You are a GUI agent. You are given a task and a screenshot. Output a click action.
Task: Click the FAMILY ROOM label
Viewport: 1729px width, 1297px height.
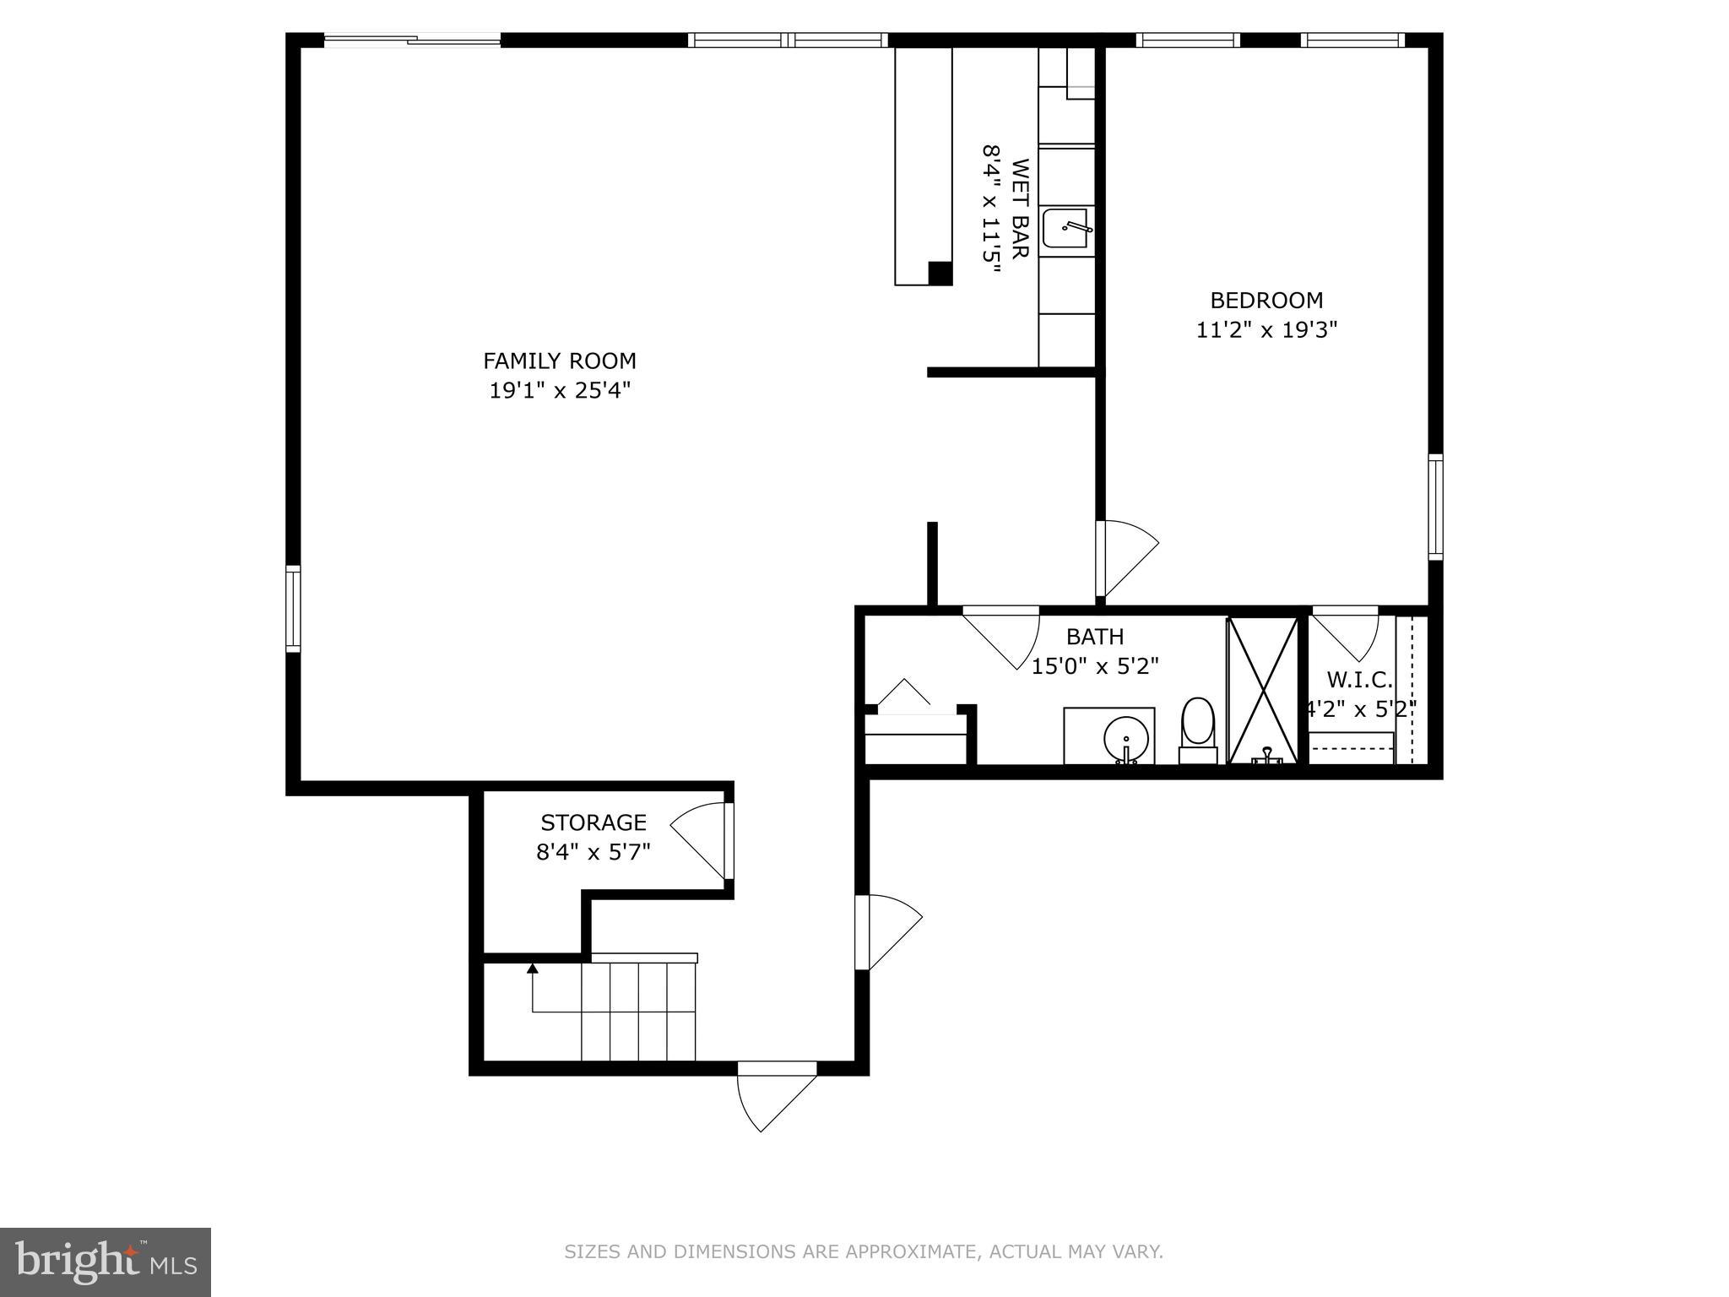[x=559, y=361]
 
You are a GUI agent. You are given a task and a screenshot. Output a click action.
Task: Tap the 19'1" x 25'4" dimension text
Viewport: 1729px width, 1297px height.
[x=559, y=390]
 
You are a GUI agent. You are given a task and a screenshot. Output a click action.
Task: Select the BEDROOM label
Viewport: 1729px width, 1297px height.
[x=1266, y=300]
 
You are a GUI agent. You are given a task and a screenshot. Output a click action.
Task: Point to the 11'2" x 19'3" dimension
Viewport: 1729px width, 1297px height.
[x=1266, y=329]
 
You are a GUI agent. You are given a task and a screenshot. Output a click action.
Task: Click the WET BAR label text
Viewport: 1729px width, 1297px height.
[x=1020, y=209]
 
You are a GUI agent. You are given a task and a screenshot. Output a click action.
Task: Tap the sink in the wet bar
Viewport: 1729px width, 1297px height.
[x=1065, y=228]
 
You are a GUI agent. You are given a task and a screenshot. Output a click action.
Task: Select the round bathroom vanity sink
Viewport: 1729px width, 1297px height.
[x=1125, y=740]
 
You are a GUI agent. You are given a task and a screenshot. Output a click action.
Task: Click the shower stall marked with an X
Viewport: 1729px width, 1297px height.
[x=1261, y=689]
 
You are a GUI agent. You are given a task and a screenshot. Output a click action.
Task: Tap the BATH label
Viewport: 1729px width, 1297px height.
[x=1094, y=637]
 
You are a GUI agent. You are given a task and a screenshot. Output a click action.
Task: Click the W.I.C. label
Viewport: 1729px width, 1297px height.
[x=1358, y=679]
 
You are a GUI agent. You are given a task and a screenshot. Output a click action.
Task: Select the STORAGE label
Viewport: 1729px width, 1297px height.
[x=593, y=822]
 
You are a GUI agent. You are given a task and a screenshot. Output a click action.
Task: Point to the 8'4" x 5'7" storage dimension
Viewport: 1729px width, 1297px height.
[x=593, y=851]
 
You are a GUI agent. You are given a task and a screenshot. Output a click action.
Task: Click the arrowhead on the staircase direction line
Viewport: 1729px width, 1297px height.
[x=532, y=968]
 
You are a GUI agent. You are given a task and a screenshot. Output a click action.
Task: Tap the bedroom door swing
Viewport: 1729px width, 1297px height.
[x=1127, y=557]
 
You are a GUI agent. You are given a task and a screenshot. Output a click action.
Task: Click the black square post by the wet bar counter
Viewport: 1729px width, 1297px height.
[x=940, y=273]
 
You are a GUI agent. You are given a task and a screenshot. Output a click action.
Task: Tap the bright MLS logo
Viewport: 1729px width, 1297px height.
[x=105, y=1262]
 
